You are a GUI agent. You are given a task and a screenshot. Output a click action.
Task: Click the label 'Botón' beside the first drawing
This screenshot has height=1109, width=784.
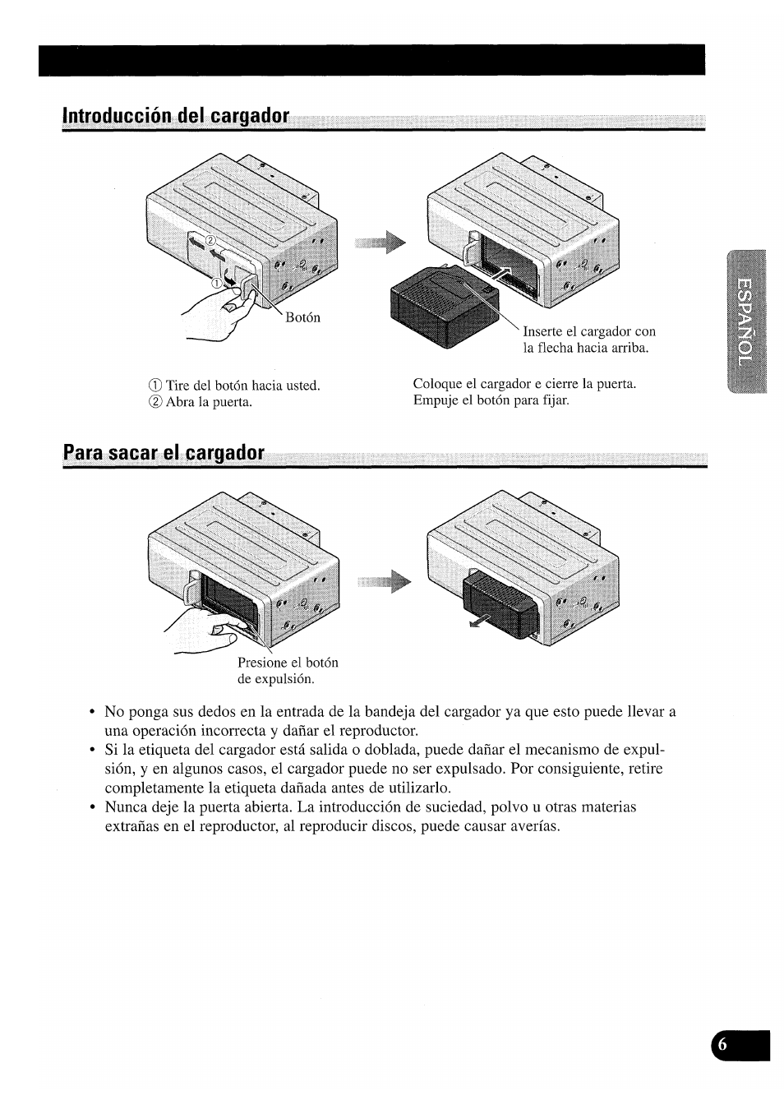click(x=302, y=318)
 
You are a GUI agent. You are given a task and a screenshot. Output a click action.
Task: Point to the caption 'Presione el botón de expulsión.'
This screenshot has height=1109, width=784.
click(x=288, y=671)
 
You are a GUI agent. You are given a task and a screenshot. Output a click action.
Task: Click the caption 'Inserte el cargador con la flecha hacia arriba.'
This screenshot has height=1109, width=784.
click(x=589, y=340)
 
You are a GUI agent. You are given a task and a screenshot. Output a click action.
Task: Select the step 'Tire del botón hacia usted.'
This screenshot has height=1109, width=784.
click(x=242, y=386)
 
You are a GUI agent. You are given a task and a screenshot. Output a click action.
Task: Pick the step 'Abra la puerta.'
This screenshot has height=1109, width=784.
click(x=209, y=402)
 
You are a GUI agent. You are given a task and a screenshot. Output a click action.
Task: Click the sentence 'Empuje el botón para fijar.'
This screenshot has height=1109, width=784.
click(x=491, y=400)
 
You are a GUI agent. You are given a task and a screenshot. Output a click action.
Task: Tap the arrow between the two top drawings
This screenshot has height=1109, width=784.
click(x=383, y=243)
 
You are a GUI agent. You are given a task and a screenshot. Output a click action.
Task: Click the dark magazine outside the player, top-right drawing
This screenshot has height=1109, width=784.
click(x=440, y=308)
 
